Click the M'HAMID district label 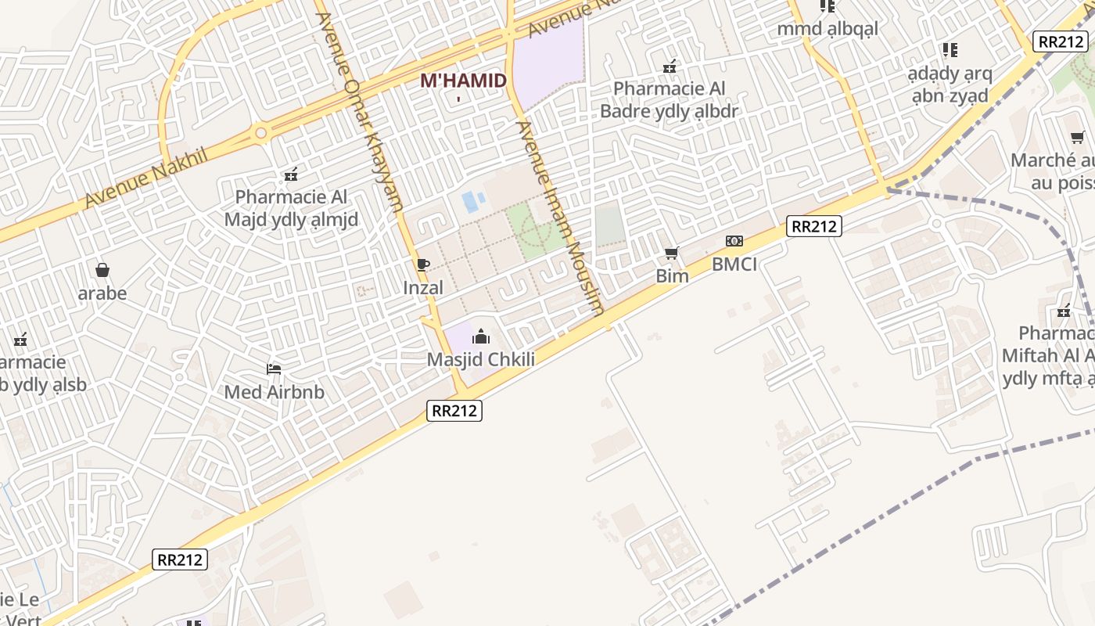[463, 81]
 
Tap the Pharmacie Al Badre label [669, 99]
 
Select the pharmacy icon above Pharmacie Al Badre [670, 67]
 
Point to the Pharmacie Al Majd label [291, 207]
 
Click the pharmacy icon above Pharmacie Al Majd [291, 174]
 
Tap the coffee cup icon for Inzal [422, 264]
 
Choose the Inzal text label [423, 288]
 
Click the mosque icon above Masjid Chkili [481, 337]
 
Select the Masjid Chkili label [481, 360]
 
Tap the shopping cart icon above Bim [671, 253]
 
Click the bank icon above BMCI [734, 241]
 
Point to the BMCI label [734, 264]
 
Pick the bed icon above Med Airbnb [274, 369]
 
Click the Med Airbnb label [274, 392]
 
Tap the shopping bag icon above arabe [102, 270]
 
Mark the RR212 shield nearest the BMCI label [814, 226]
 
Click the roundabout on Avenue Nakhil [261, 134]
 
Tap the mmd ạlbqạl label [828, 29]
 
